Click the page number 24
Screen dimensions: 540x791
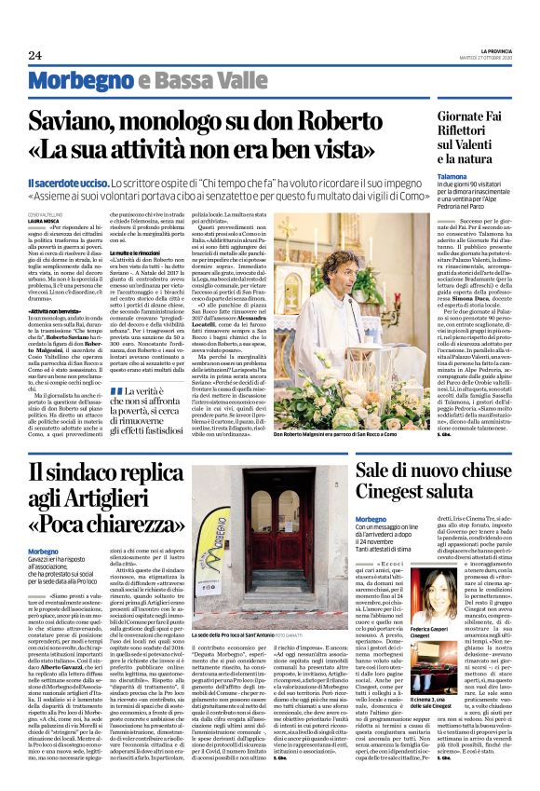pos(34,55)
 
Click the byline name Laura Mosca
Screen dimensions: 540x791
pos(43,219)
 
